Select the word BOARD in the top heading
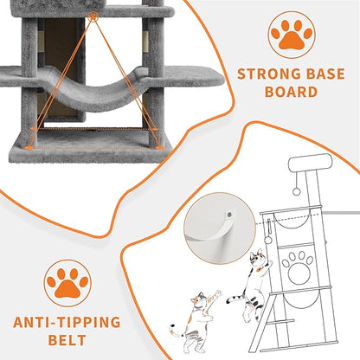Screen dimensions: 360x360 [292, 92]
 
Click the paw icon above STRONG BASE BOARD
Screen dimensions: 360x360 [292, 34]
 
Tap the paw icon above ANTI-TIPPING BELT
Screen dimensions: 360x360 [68, 283]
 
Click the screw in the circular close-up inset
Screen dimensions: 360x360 [223, 206]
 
